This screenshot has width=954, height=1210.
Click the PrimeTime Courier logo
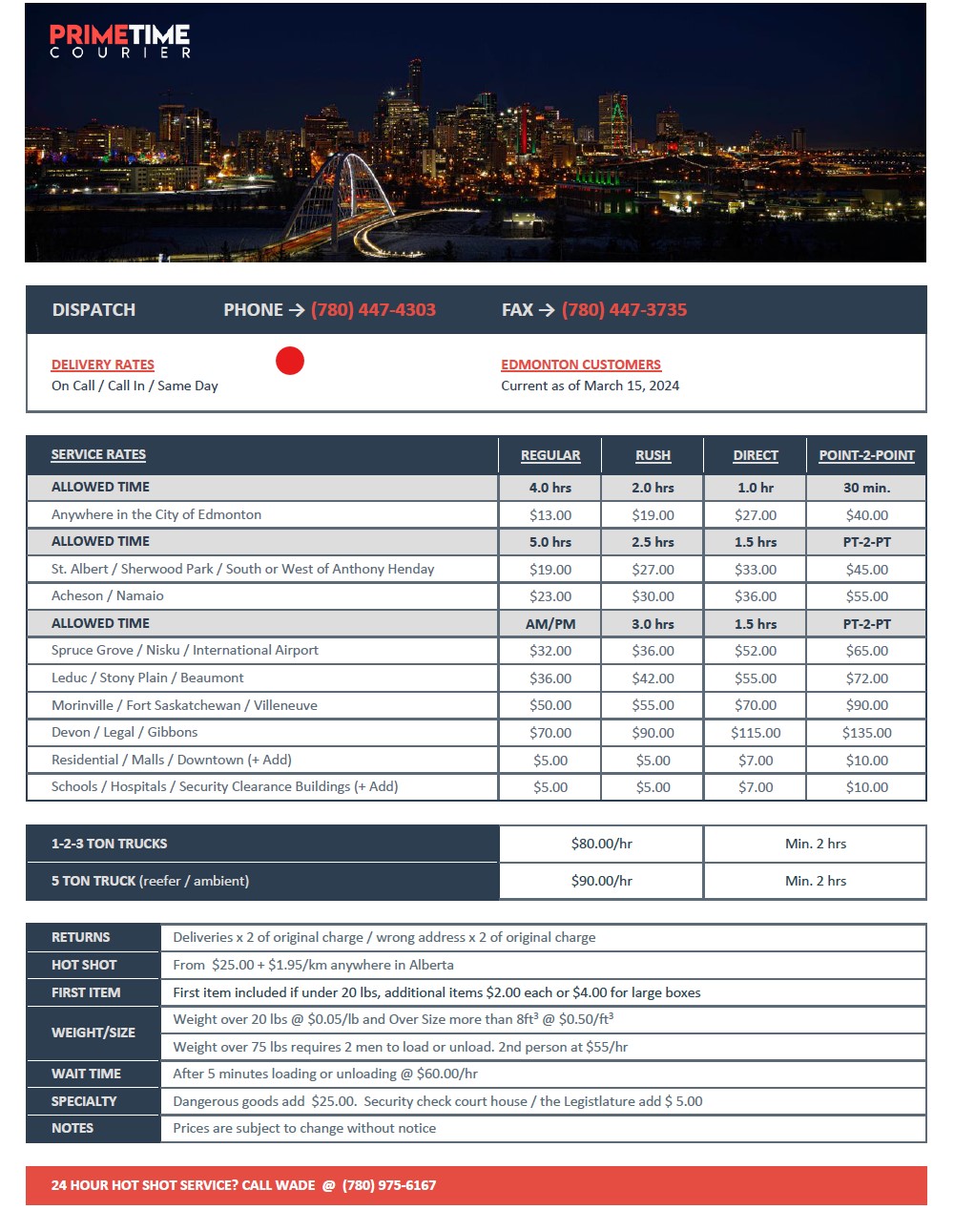click(120, 41)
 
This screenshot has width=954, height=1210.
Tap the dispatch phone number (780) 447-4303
click(373, 310)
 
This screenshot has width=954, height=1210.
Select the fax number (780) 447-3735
click(624, 310)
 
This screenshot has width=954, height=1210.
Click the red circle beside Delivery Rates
click(290, 361)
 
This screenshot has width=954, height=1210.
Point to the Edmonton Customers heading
click(580, 365)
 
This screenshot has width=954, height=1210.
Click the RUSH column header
click(653, 456)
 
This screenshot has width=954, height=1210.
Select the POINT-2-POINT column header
click(866, 456)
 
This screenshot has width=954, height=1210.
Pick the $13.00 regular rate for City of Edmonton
click(550, 515)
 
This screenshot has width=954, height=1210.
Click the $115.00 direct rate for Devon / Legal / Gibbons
click(756, 733)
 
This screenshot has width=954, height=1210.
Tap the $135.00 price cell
click(866, 733)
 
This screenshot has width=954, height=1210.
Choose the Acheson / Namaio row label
click(108, 595)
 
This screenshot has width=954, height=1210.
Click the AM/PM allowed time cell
click(550, 624)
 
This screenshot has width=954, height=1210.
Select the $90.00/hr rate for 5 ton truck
click(601, 881)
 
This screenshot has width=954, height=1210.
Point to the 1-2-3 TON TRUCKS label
click(109, 844)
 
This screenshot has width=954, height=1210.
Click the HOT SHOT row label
click(84, 965)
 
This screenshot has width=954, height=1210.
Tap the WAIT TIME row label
click(86, 1074)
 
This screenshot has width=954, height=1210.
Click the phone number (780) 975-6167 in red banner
click(389, 1185)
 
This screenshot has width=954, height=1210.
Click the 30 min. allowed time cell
click(866, 488)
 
